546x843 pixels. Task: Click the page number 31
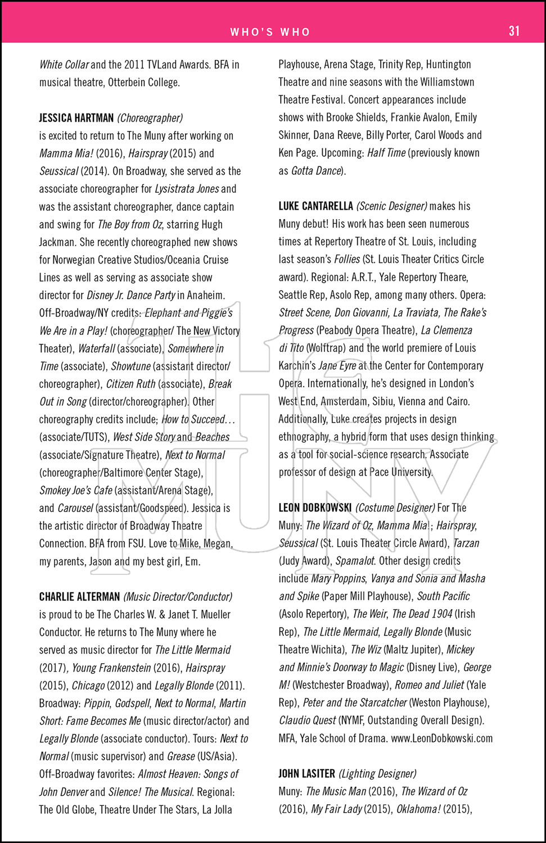514,31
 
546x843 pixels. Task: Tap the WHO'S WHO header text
270,32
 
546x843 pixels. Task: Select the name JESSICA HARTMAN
76,118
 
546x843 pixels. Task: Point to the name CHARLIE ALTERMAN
79,597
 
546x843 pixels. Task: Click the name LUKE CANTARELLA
315,206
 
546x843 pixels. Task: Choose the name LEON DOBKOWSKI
315,508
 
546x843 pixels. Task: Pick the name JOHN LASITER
306,774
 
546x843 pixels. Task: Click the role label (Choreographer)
150,118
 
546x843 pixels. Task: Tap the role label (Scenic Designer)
392,206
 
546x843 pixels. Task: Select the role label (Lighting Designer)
377,774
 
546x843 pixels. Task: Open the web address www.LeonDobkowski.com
441,738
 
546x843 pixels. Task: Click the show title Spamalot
355,561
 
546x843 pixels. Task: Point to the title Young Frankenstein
111,668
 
